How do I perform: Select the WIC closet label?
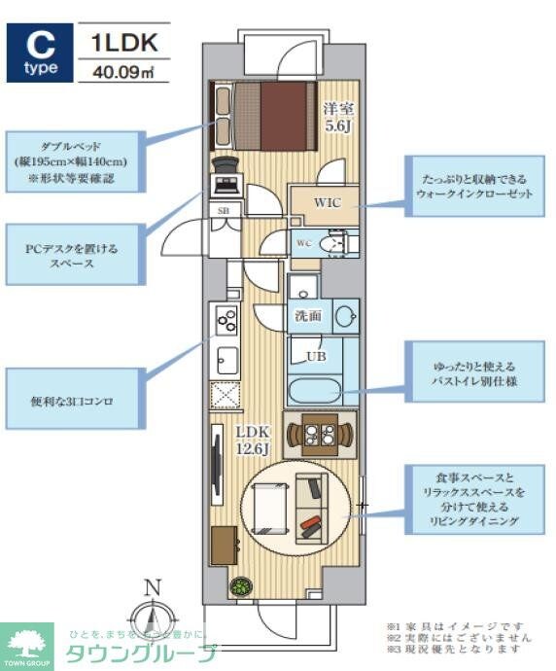326,203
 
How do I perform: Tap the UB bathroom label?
317,356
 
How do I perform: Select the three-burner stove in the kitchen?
226,319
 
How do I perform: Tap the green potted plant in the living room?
240,586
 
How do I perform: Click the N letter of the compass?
151,586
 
